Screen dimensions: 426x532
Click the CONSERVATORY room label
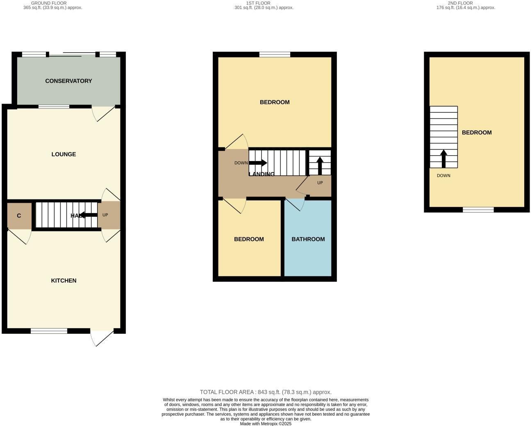68,81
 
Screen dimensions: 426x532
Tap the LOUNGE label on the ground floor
64,154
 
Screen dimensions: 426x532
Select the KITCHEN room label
64,281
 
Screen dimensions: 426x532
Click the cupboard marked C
19,216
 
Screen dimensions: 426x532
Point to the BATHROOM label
308,239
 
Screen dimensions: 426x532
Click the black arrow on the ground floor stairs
88,215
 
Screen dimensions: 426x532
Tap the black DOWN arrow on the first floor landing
258,163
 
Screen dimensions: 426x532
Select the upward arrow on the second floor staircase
443,159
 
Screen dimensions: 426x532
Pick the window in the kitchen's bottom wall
49,331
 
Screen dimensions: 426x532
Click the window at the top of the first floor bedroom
275,54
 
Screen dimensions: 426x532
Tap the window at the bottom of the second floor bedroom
478,210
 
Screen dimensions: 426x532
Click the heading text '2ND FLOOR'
460,3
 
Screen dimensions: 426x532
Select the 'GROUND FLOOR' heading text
49,3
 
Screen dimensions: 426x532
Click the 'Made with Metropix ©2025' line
266,424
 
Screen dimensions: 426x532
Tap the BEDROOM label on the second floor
477,133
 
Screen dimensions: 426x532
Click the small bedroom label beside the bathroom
249,239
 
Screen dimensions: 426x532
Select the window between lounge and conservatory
54,106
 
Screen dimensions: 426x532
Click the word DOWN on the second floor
443,176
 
